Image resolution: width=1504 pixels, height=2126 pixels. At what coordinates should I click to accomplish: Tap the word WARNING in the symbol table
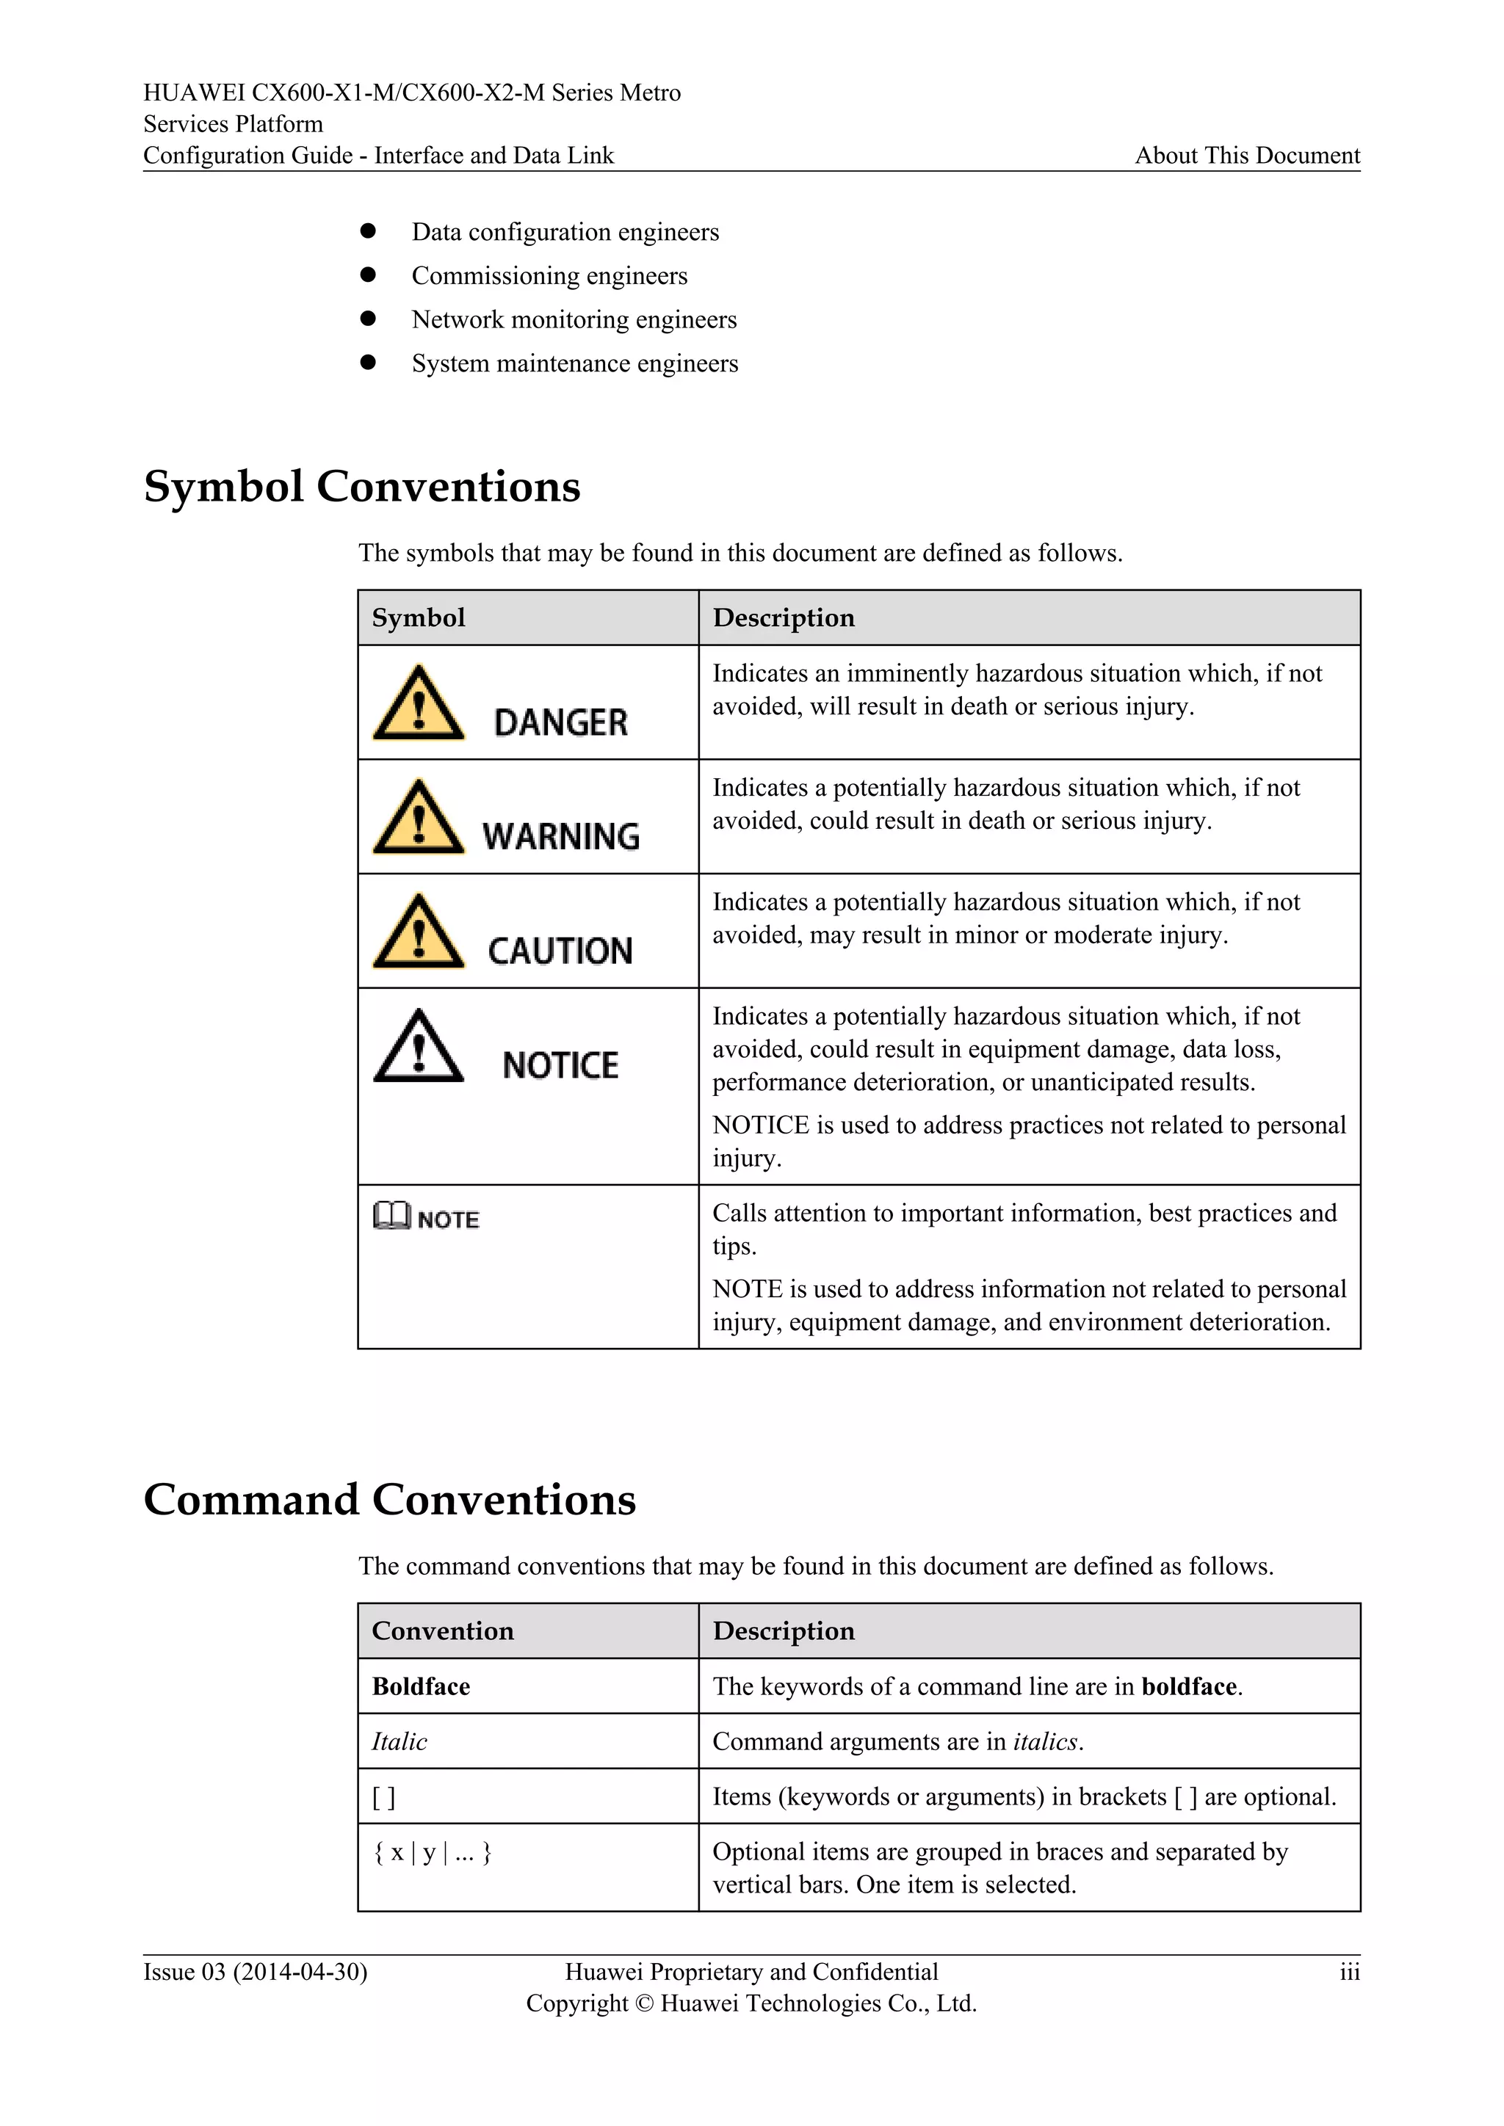[560, 836]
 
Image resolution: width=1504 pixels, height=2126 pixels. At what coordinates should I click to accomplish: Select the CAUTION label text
[560, 951]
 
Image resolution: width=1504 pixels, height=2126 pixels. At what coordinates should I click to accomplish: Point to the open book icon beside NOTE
[391, 1215]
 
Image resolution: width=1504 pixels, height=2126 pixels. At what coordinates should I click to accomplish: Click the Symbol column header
[419, 617]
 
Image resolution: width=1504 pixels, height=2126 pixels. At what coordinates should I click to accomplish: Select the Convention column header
[443, 1630]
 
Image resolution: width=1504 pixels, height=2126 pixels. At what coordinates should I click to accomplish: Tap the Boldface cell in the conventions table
[421, 1686]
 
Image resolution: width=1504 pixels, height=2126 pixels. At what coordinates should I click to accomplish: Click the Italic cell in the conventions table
[399, 1742]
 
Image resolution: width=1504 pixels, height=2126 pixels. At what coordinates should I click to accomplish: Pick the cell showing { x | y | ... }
[432, 1852]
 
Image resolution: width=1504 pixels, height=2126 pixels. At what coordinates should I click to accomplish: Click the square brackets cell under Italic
[383, 1797]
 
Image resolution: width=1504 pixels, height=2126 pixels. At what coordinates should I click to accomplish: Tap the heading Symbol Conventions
[362, 487]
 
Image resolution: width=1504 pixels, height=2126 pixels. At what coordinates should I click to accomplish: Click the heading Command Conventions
[390, 1500]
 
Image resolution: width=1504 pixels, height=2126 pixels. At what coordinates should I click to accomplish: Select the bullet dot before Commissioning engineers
[368, 275]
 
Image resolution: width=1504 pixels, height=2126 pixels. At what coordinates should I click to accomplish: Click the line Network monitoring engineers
[574, 319]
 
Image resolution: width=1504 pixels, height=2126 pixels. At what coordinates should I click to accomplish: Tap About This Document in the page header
[1246, 156]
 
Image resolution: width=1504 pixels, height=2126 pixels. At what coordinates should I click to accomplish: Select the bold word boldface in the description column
[1189, 1686]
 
